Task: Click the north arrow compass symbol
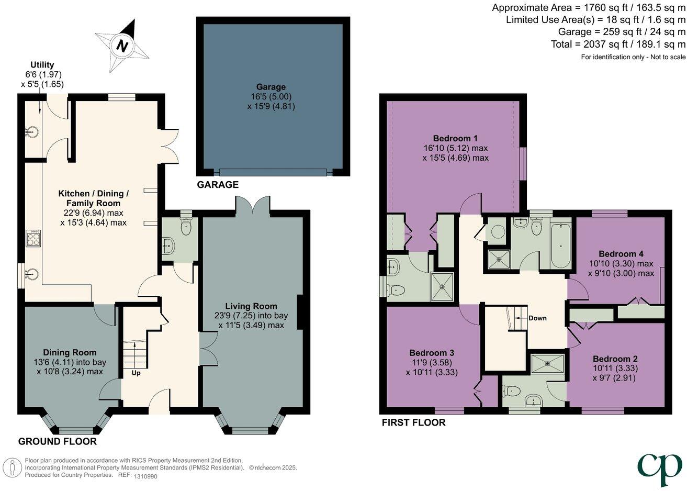coord(122,46)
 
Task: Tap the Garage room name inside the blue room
coord(271,87)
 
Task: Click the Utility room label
coord(42,65)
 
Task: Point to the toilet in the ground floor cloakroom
coord(186,227)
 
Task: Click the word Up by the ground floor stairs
coord(136,373)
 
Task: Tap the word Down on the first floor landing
coord(537,318)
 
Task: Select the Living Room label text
coord(251,306)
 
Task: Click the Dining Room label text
coord(70,352)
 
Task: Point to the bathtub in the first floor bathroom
coord(561,244)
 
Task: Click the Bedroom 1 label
coord(455,138)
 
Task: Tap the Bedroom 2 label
coord(615,359)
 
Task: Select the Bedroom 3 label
coord(431,352)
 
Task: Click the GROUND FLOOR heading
coord(58,441)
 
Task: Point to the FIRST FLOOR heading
coord(413,422)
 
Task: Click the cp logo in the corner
coord(659,469)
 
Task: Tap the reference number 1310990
coord(145,476)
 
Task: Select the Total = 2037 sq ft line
coord(617,44)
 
